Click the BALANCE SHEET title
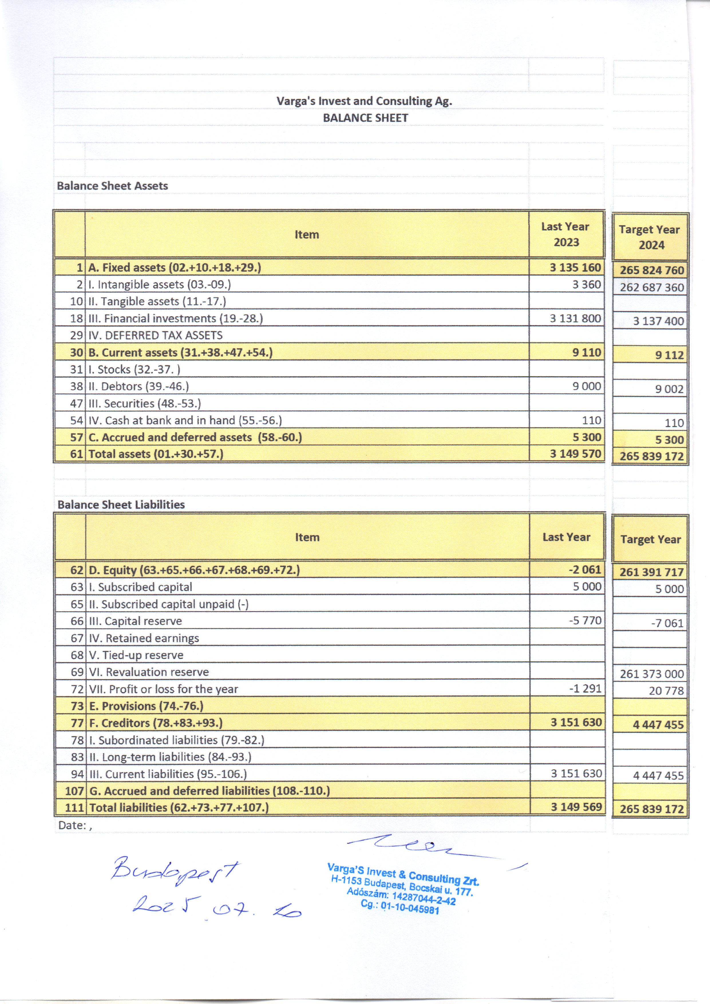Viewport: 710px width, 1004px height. pos(365,118)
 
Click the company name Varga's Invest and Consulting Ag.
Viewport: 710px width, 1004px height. pos(364,101)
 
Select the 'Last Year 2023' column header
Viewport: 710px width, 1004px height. pos(566,234)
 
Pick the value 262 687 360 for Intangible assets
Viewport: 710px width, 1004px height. pos(651,288)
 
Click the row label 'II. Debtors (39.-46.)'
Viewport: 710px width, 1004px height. pos(139,387)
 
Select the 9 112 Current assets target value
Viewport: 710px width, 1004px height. pos(669,355)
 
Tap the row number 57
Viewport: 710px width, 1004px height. pos(77,437)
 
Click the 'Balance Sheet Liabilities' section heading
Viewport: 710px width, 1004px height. pos(121,505)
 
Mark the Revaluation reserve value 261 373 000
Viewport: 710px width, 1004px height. pos(651,674)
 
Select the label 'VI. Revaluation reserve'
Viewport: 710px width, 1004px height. pos(149,672)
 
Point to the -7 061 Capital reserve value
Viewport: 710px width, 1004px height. pos(667,623)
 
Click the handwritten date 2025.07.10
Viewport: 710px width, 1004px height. pos(217,909)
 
